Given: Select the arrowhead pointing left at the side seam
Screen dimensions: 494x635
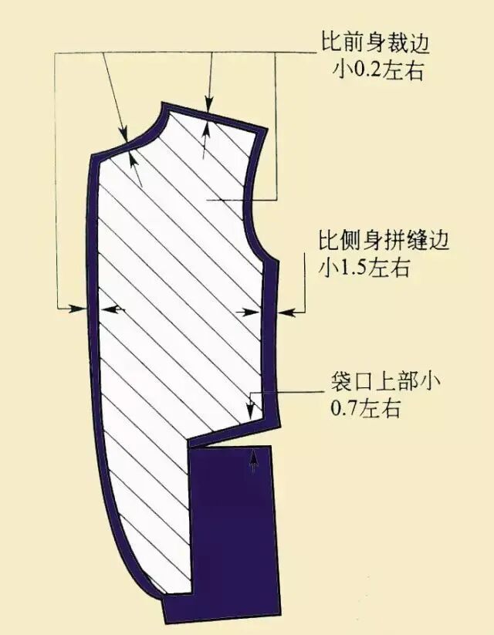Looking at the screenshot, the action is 283,312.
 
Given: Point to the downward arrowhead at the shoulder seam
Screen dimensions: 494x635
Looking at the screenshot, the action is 207,103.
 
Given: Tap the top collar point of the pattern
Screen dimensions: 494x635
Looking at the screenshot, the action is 164,103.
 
